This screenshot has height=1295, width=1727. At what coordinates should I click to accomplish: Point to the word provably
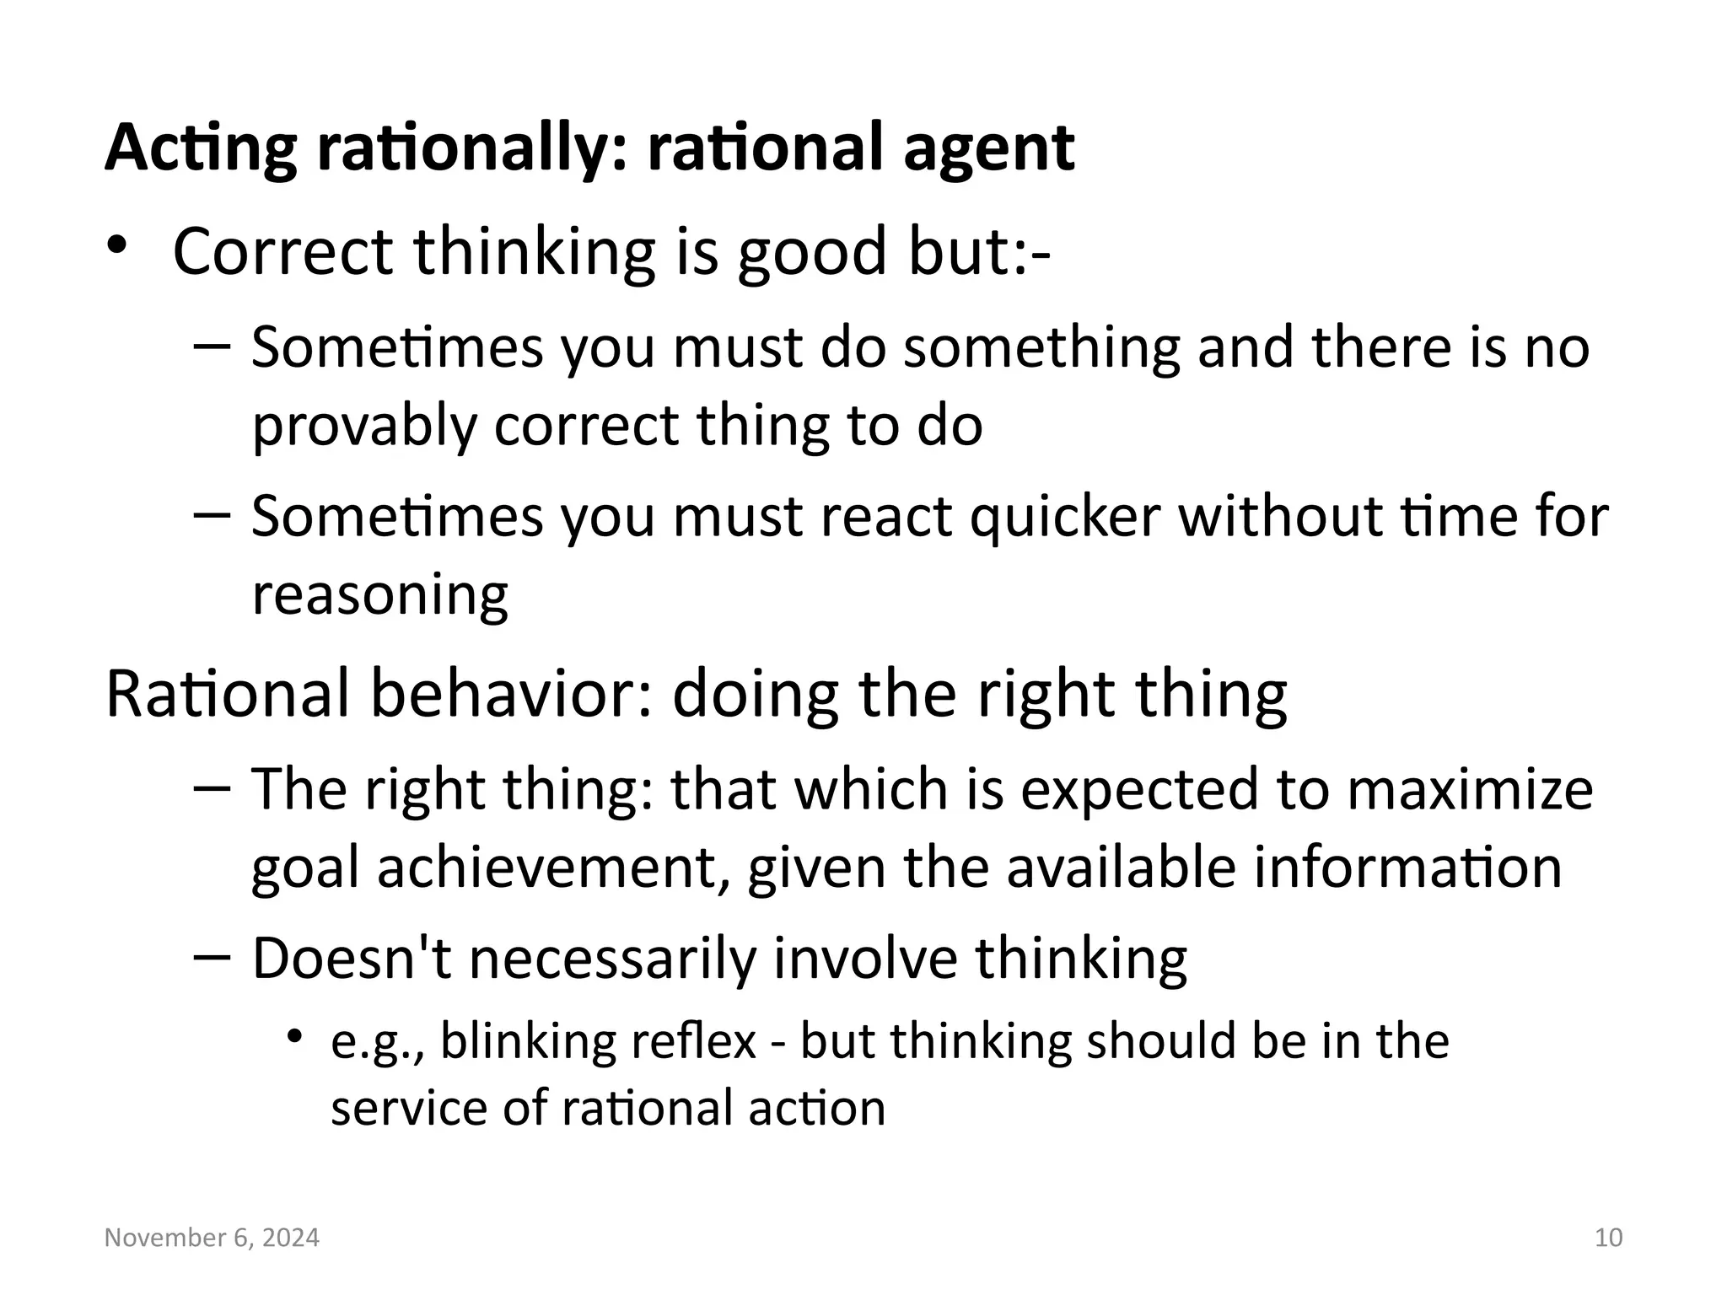point(364,426)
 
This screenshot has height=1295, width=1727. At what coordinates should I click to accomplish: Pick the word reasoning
point(380,595)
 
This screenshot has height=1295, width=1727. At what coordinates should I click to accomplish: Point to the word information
point(1407,868)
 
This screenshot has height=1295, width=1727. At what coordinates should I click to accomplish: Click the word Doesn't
point(352,959)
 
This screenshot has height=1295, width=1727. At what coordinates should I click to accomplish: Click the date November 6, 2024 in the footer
point(212,1238)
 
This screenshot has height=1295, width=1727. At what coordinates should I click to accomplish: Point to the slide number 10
point(1609,1238)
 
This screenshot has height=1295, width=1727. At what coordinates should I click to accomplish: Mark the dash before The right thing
point(211,788)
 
